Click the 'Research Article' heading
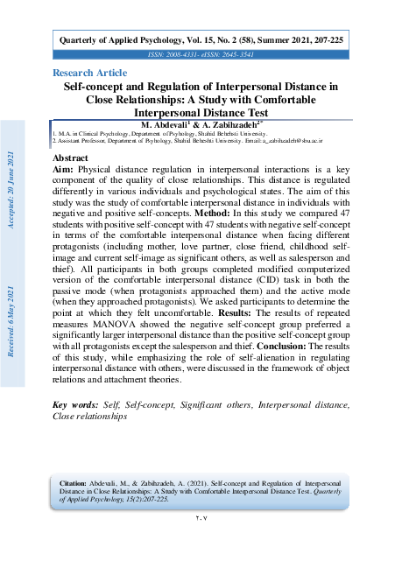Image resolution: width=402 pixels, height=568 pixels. pyautogui.click(x=89, y=72)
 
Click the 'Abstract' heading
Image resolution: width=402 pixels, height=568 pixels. pyautogui.click(x=72, y=158)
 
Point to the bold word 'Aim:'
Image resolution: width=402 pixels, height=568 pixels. pyautogui.click(x=63, y=170)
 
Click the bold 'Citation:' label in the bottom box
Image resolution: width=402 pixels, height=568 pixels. pyautogui.click(x=74, y=482)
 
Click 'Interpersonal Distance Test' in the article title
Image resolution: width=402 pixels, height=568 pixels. pyautogui.click(x=199, y=112)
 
